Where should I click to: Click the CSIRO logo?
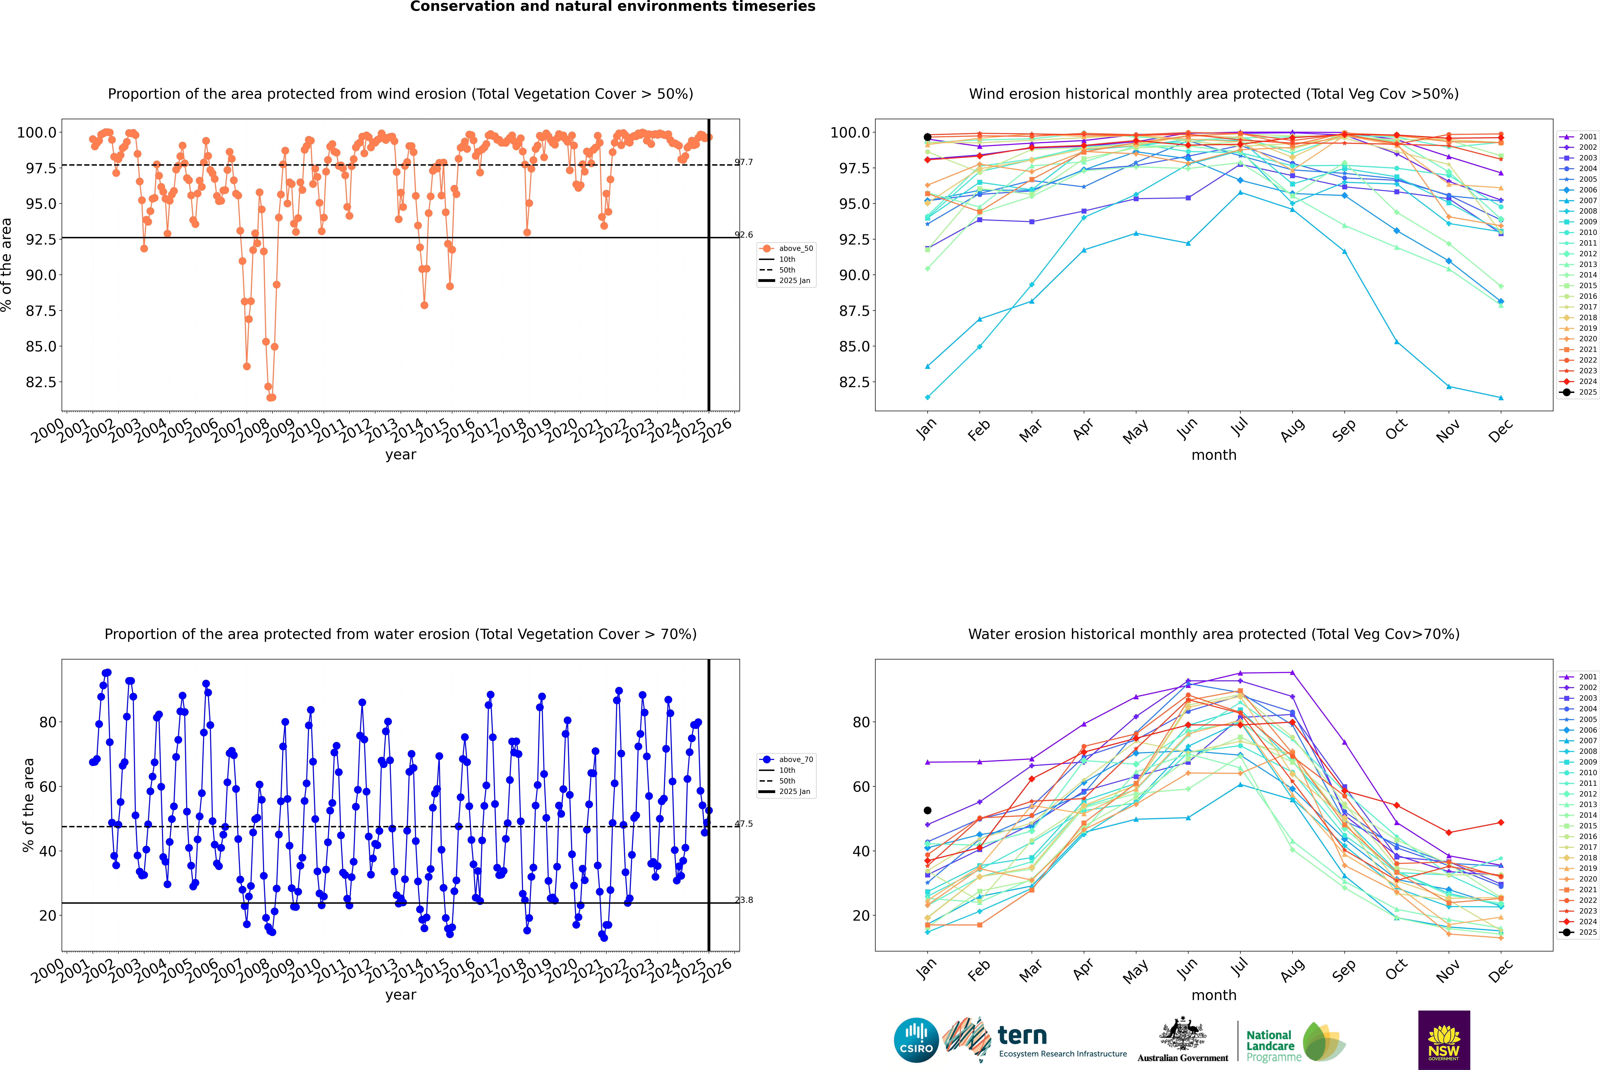point(916,1040)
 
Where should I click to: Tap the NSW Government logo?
point(1444,1040)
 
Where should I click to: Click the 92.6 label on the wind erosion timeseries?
point(743,235)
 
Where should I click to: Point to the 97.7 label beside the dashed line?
point(743,162)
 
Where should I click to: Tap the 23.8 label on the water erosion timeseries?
point(743,900)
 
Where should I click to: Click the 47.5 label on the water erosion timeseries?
point(743,824)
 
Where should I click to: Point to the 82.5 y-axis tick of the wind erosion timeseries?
point(41,382)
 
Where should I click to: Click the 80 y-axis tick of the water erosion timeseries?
point(48,722)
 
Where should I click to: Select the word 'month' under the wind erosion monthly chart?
point(1213,455)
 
